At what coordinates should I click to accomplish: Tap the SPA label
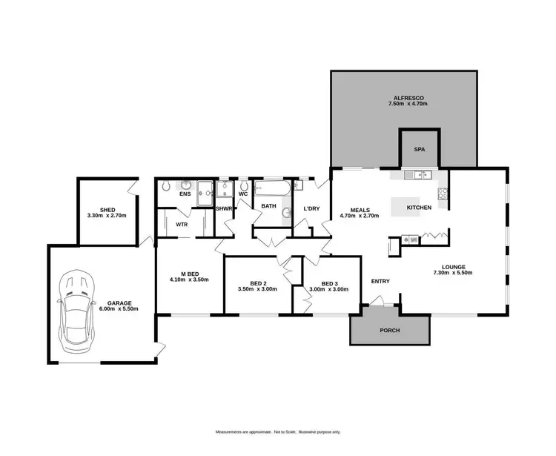point(419,149)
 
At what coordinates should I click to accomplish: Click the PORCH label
point(390,330)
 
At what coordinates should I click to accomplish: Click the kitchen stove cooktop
point(443,194)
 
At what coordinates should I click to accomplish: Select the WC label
point(242,194)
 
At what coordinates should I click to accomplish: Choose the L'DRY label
point(311,209)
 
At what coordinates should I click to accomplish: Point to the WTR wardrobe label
point(181,224)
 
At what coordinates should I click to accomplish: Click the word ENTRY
point(380,281)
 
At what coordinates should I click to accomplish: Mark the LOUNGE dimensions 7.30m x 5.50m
point(453,273)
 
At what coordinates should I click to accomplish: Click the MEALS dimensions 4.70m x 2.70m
point(359,216)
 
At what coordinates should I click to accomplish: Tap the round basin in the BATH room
point(285,214)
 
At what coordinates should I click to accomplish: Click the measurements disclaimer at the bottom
point(278,432)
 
